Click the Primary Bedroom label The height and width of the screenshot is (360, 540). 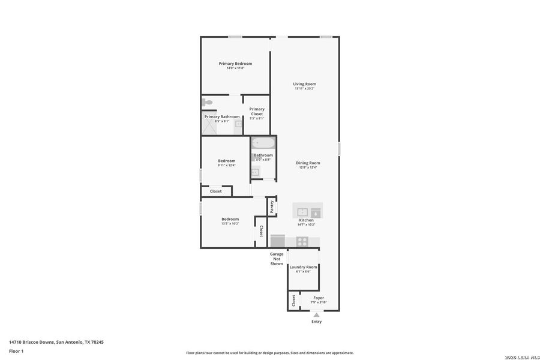pos(235,64)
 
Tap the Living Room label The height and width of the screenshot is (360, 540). pos(304,84)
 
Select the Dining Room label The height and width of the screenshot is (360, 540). pos(307,163)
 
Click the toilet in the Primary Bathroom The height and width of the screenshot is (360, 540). pos(206,102)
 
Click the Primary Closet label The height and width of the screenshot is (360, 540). pos(257,112)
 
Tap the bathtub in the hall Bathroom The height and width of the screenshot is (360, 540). pos(263,143)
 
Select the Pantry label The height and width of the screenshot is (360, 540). pos(272,207)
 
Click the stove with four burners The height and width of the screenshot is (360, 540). pos(302,242)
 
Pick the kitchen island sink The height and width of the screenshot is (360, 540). pos(302,212)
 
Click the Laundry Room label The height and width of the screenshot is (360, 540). pos(303,267)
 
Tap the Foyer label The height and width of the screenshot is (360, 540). pos(318,298)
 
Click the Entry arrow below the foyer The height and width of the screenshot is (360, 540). pos(316,314)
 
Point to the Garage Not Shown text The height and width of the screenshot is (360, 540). pos(276,259)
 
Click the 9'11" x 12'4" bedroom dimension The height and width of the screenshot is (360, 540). pos(227,166)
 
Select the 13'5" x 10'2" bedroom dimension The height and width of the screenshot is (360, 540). pos(230,224)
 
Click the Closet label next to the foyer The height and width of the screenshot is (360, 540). pos(293,300)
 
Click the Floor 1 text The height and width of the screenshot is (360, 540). pos(16,350)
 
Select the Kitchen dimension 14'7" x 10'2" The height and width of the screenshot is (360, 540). pos(307,225)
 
